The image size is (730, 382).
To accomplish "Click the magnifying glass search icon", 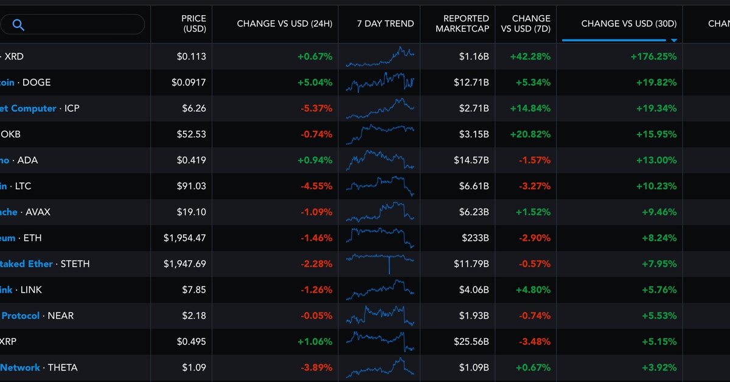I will tap(18, 25).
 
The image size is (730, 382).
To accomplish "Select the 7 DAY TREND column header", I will tap(385, 24).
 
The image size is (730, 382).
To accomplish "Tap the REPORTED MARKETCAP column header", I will tap(462, 24).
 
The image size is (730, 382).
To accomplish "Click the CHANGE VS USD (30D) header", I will tap(628, 24).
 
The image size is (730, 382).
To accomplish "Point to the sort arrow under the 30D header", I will tap(673, 41).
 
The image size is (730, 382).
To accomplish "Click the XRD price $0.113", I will tap(192, 57).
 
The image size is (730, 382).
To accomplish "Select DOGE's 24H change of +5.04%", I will tap(315, 82).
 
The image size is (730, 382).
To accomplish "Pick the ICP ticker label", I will tap(72, 108).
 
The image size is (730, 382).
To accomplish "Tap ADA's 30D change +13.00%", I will tap(656, 160).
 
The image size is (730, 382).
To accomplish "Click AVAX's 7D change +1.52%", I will tap(533, 212).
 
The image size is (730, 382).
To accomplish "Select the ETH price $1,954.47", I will tap(184, 238).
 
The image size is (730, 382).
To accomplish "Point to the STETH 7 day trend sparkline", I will tap(380, 260).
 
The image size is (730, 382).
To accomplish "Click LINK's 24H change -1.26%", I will tap(316, 290).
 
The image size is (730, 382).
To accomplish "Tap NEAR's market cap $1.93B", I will tap(474, 316).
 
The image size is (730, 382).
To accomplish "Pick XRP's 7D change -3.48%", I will tap(534, 342).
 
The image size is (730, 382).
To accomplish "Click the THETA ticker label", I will tap(63, 367).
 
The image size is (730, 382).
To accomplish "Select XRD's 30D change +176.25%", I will tap(653, 57).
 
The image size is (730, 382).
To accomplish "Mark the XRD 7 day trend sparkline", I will tap(380, 57).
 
